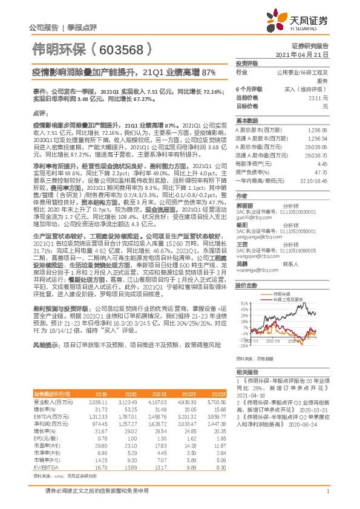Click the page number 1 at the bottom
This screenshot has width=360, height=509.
(327, 496)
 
